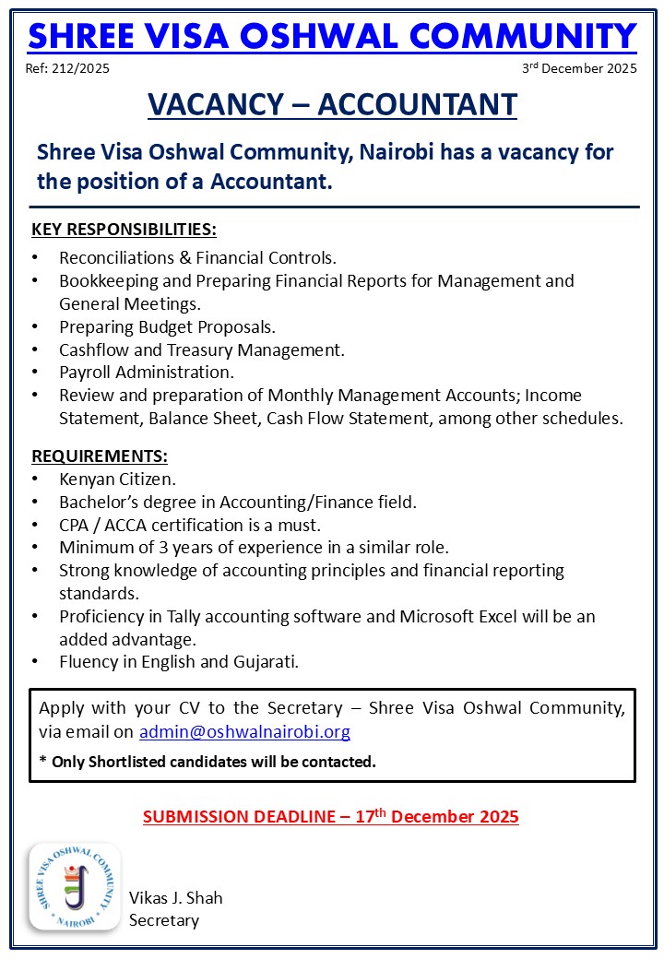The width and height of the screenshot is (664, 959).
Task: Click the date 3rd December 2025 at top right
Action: coord(579,69)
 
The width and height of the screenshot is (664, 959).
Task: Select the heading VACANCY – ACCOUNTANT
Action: coord(332,104)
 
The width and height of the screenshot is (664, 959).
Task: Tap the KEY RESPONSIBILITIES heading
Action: coord(124,229)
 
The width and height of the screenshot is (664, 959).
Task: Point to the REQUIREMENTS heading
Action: coord(100,456)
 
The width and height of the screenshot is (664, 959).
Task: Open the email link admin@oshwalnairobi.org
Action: coord(244,732)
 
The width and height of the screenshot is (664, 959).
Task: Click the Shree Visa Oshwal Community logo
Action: coord(75,886)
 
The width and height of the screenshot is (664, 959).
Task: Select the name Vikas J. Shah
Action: coord(175,897)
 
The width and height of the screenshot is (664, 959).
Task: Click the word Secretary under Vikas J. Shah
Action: coord(163,919)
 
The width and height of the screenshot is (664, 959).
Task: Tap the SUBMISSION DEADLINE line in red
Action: coord(331,816)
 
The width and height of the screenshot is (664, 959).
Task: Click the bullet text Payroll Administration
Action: coord(147,373)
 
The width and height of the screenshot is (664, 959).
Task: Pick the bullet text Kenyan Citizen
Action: coord(117,479)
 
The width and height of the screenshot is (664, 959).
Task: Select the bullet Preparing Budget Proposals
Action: coord(167,326)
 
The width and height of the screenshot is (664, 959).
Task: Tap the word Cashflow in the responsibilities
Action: coord(95,349)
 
